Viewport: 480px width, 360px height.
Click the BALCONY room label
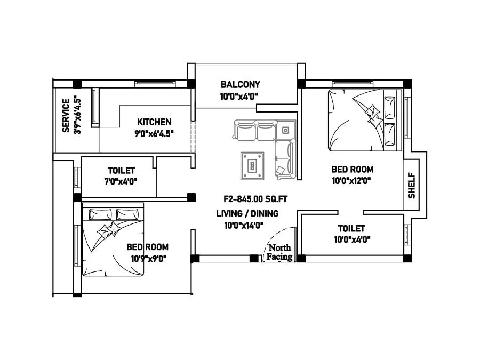240,84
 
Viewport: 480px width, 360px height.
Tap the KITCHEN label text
154,122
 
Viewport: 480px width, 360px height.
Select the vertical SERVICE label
66,115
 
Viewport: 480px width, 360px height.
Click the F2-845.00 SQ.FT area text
255,199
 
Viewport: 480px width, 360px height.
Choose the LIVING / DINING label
247,214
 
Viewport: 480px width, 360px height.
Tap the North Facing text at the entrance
280,252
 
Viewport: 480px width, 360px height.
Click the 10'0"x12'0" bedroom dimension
351,181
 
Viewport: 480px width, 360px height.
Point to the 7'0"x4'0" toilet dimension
122,181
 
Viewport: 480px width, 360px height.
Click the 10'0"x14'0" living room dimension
244,225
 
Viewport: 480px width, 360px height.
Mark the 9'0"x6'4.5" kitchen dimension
154,133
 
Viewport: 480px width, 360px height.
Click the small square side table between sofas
285,130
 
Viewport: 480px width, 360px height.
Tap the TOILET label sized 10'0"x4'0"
351,228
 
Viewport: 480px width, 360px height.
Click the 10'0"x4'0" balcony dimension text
239,96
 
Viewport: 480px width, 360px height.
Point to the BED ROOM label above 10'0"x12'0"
352,170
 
